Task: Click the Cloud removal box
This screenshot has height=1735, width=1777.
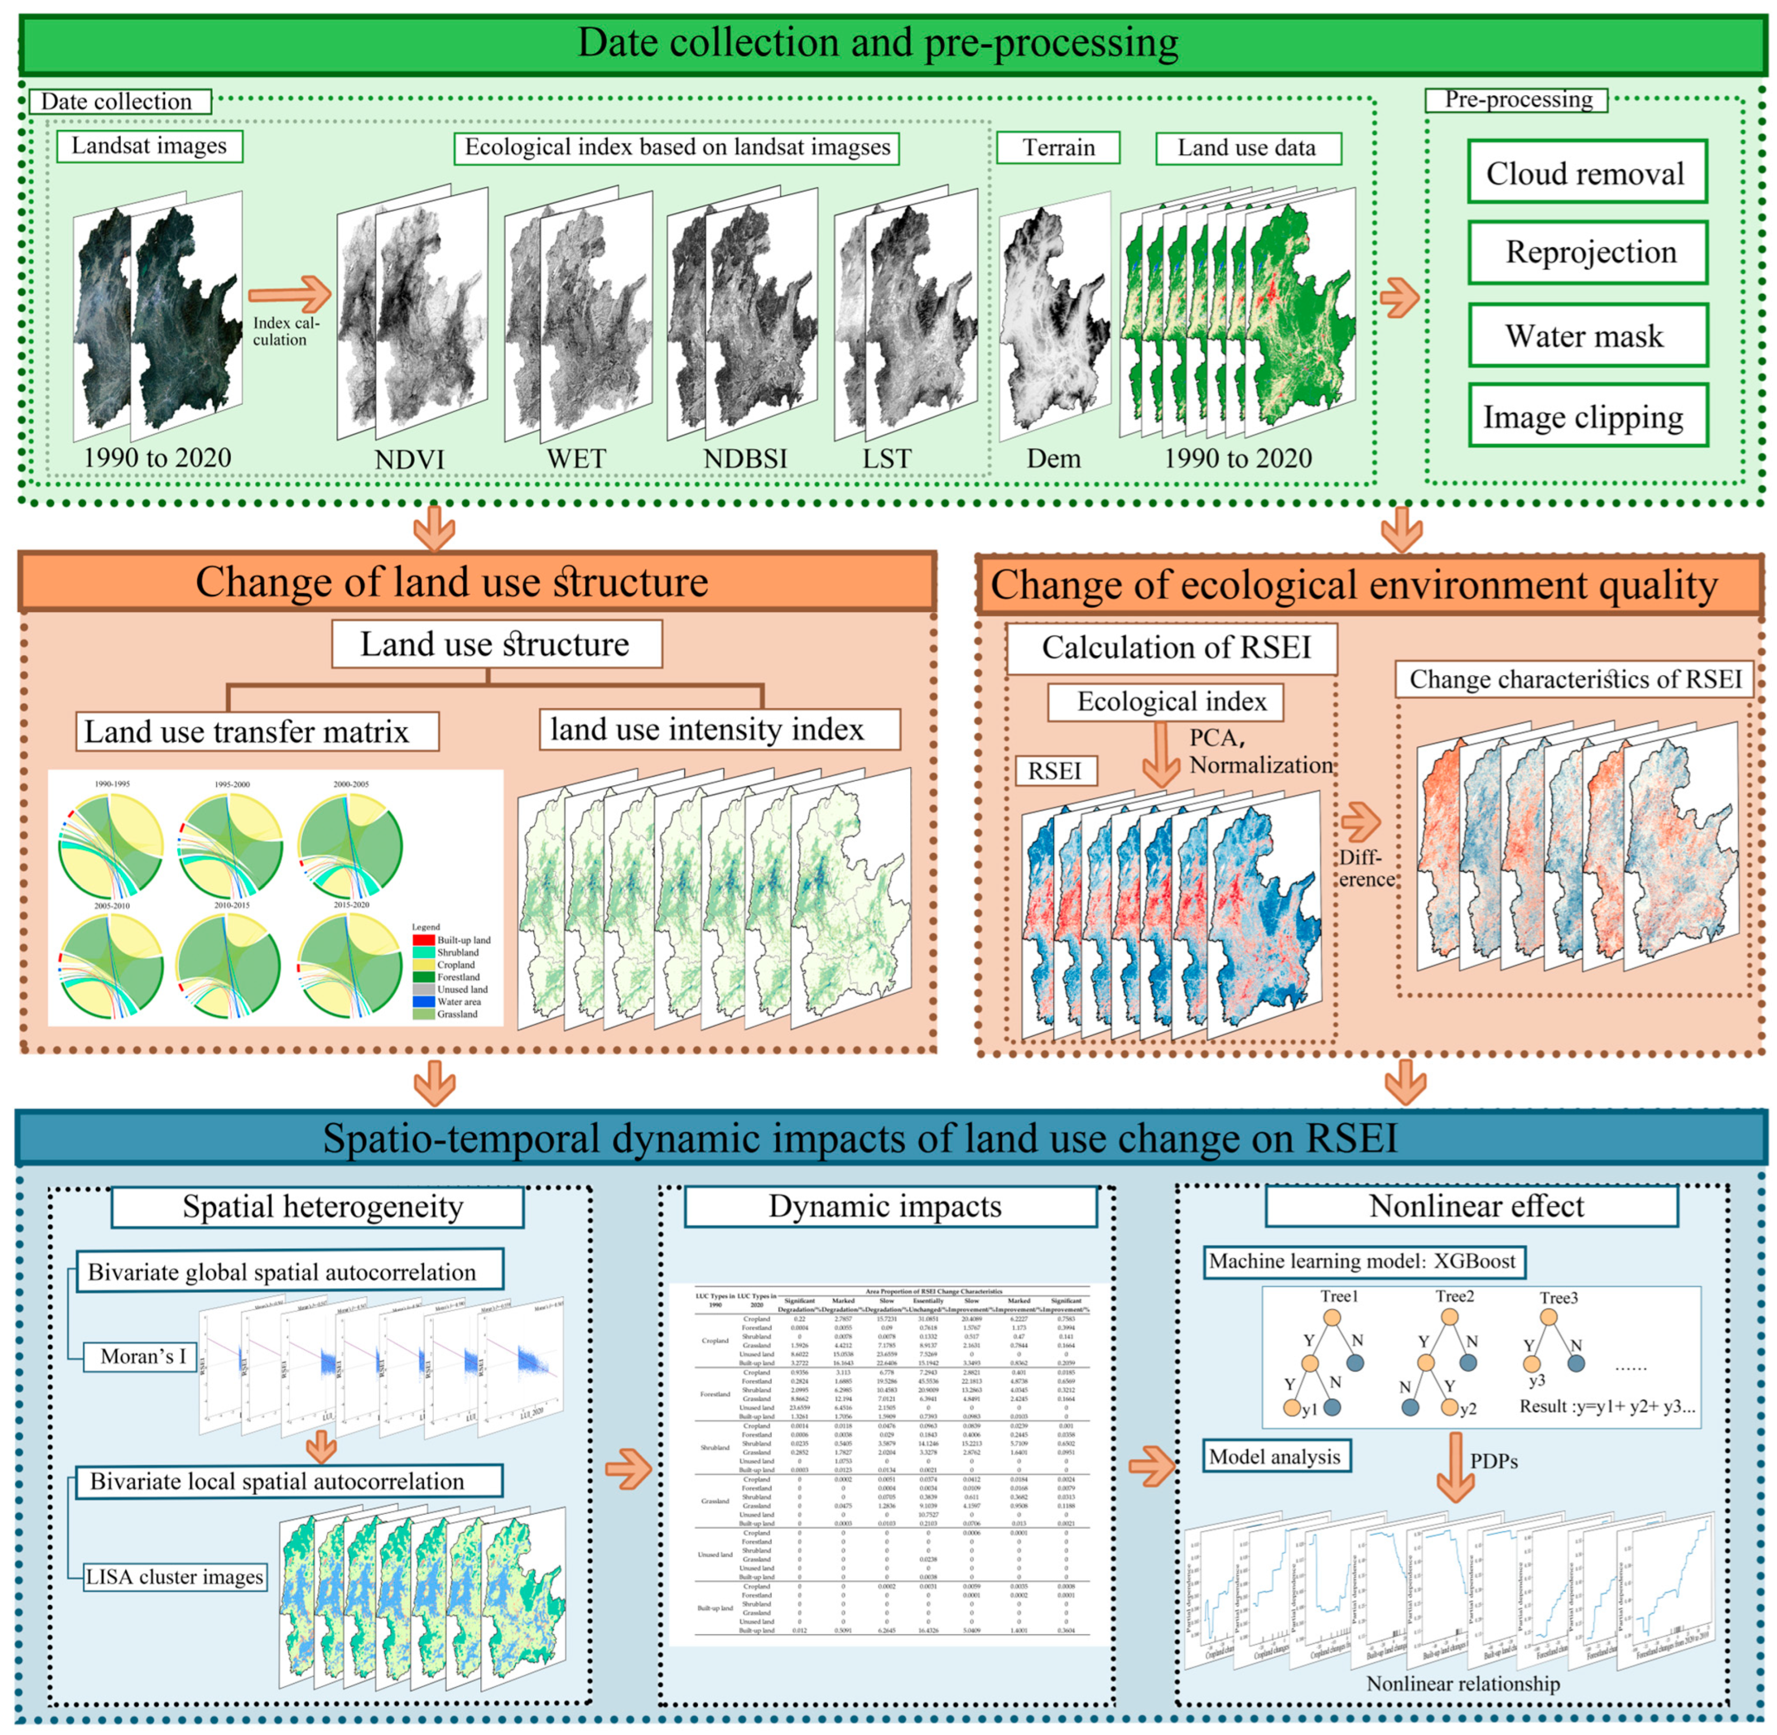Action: (x=1586, y=172)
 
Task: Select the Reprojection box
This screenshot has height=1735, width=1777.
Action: (x=1586, y=251)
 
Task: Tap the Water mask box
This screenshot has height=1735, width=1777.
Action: (x=1586, y=335)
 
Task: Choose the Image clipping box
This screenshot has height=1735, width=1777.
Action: (x=1586, y=417)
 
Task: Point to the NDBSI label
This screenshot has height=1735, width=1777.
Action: (x=744, y=458)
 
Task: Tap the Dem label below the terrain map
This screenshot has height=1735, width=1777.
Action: (x=1053, y=458)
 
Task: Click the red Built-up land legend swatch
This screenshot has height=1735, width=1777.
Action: (x=423, y=940)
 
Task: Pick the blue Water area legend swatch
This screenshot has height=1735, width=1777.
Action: (x=423, y=1001)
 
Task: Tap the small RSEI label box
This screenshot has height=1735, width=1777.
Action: (x=1055, y=771)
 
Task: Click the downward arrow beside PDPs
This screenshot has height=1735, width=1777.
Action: (x=1455, y=1469)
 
